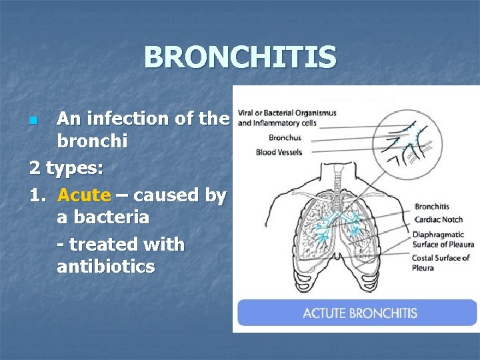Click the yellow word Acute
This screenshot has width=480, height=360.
pyautogui.click(x=83, y=195)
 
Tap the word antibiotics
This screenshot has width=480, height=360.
pyautogui.click(x=105, y=267)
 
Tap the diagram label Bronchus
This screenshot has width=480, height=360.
pyautogui.click(x=285, y=138)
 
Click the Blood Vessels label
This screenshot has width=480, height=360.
pyautogui.click(x=279, y=152)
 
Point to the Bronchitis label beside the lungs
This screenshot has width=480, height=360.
pyautogui.click(x=432, y=207)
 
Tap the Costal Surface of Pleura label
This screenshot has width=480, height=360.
pyautogui.click(x=441, y=262)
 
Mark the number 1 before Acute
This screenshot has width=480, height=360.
pyautogui.click(x=37, y=195)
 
